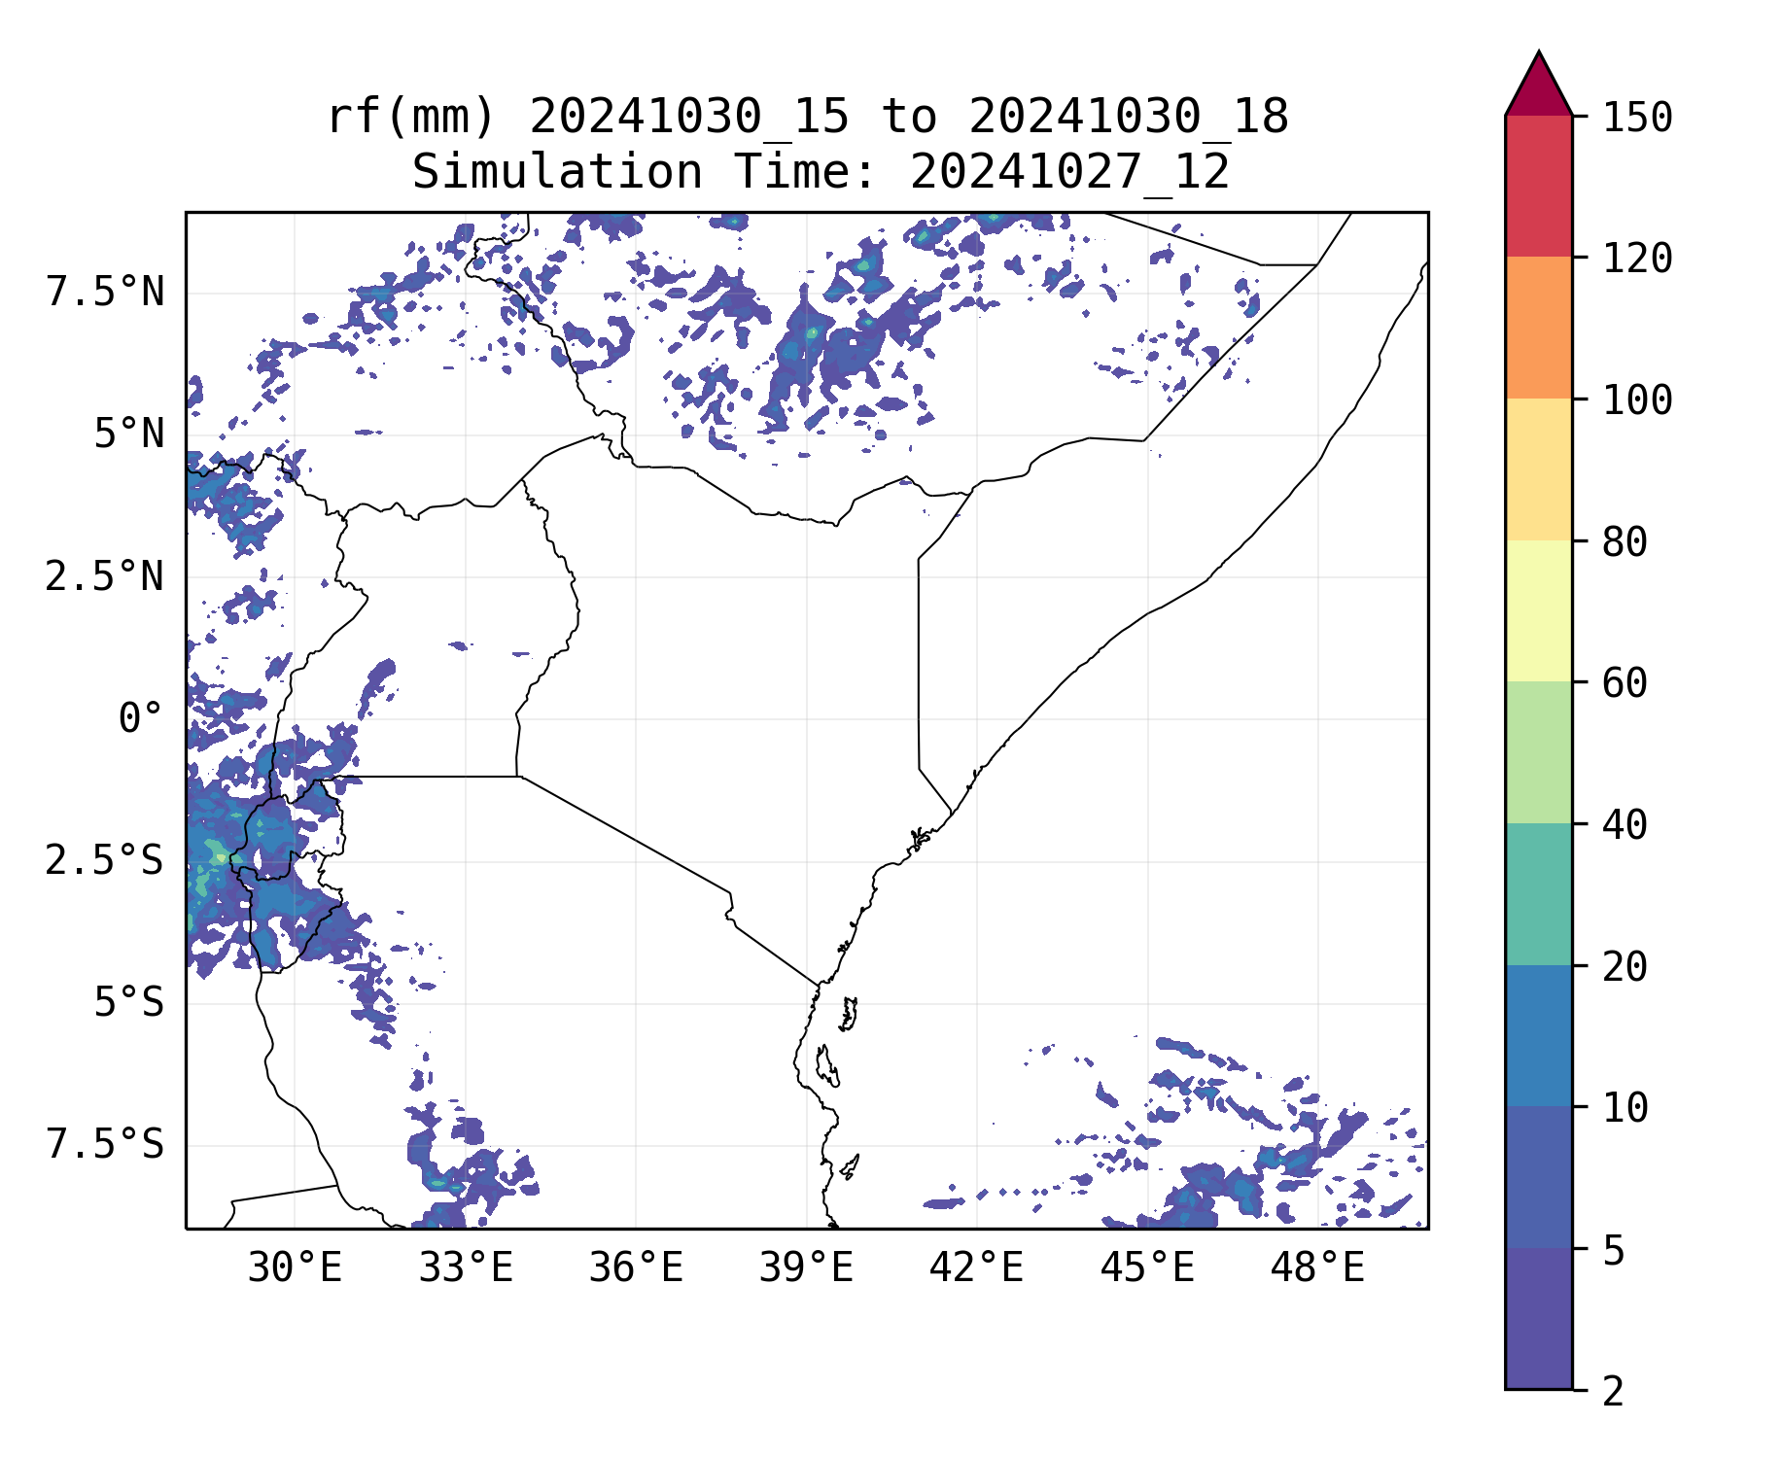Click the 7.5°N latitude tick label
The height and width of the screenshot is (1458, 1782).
[x=105, y=292]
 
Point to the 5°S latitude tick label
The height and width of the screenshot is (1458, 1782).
[x=128, y=1002]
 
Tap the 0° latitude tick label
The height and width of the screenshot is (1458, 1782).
[x=141, y=719]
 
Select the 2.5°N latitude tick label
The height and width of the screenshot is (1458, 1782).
[x=105, y=576]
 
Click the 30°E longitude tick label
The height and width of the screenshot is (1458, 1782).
[x=295, y=1267]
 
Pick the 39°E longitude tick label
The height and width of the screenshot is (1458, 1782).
[x=806, y=1267]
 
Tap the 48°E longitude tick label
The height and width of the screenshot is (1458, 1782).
[x=1317, y=1267]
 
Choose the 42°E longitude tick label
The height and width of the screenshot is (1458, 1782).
[x=976, y=1267]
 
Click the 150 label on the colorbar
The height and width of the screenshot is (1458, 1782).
[x=1637, y=118]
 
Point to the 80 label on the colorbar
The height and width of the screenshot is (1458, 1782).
[x=1625, y=542]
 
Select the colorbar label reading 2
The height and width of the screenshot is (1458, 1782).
[x=1613, y=1392]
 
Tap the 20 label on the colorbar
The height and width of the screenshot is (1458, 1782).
[x=1625, y=967]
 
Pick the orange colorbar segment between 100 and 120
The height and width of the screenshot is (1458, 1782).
[x=1538, y=328]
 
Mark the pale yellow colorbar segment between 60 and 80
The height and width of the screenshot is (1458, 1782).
[x=1538, y=610]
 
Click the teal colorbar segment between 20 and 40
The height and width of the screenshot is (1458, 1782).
[x=1538, y=894]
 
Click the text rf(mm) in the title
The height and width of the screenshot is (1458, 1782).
[x=411, y=117]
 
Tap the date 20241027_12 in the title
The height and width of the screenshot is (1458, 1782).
[x=1069, y=173]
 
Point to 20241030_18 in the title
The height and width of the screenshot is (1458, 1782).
[x=1128, y=117]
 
